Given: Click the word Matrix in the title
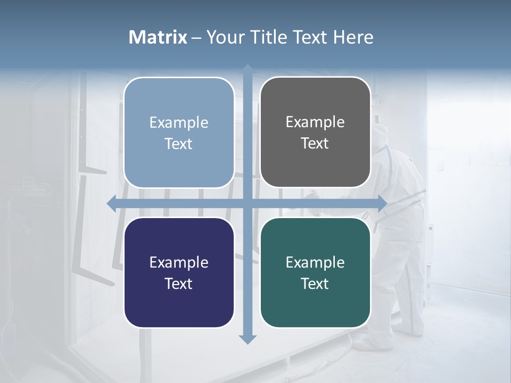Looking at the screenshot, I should (158, 37).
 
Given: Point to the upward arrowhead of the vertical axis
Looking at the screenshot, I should (247, 70).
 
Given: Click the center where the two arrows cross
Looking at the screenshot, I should (247, 203).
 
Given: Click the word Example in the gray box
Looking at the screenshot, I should (315, 122).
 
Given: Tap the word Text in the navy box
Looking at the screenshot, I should (179, 284).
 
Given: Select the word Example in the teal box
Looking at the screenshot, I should (315, 262).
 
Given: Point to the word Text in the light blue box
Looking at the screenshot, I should (179, 144).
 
